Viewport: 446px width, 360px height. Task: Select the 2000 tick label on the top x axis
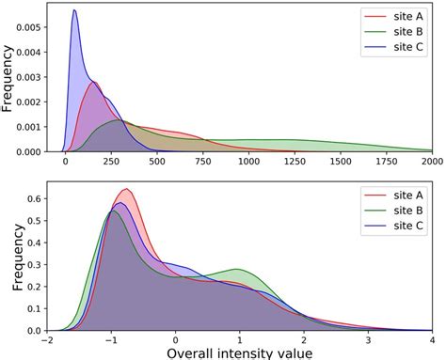tap(432, 163)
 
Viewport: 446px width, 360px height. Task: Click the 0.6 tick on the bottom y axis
tap(34, 199)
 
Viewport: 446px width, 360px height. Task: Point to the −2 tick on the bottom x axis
tap(48, 340)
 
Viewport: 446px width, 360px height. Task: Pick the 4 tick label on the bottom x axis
tap(432, 340)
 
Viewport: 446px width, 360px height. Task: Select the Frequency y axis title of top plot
tap(8, 77)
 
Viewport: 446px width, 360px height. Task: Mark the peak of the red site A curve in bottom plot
tap(126, 189)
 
